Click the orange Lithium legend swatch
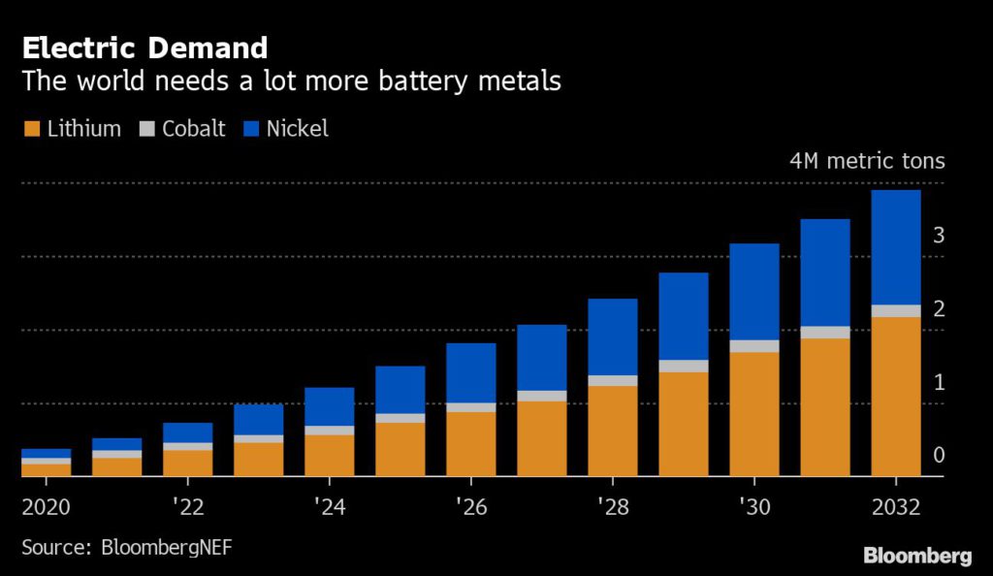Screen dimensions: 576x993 tap(30, 129)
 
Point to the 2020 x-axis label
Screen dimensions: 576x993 tap(46, 508)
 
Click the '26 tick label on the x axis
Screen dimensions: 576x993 tap(470, 508)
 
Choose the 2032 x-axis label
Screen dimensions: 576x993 tap(895, 508)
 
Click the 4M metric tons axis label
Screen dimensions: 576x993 tap(865, 161)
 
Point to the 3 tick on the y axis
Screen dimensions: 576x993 tap(938, 235)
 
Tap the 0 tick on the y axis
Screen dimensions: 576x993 tap(938, 455)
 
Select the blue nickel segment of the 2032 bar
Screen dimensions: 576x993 tap(895, 246)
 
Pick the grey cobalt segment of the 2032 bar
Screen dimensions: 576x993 tap(895, 310)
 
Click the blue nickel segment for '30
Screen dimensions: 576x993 tap(753, 291)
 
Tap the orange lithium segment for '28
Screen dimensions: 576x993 tap(612, 431)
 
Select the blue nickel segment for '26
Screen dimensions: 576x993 tap(470, 372)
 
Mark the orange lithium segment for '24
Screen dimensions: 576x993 tap(329, 455)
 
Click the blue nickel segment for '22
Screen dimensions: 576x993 tap(187, 432)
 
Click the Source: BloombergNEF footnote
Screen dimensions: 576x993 tap(127, 548)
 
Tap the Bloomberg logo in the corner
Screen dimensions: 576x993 tap(917, 556)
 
